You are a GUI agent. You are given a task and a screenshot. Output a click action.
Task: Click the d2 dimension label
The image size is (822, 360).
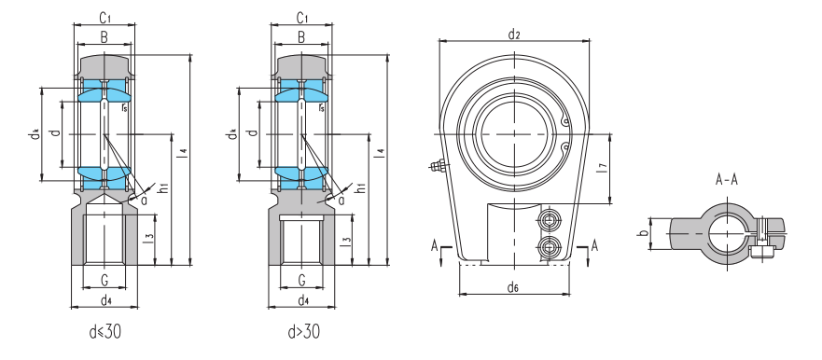(514, 35)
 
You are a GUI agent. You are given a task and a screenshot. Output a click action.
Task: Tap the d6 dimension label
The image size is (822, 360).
(513, 287)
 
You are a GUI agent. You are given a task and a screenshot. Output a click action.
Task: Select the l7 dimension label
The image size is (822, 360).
(603, 168)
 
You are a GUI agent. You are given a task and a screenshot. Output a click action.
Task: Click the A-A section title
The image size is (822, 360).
(727, 180)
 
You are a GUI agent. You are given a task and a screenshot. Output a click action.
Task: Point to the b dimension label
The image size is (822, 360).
(641, 232)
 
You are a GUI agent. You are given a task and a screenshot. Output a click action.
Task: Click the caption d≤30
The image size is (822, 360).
(105, 331)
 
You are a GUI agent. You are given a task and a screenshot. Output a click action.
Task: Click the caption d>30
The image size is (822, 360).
(303, 331)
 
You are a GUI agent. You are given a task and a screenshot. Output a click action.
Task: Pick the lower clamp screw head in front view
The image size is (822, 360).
(549, 245)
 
